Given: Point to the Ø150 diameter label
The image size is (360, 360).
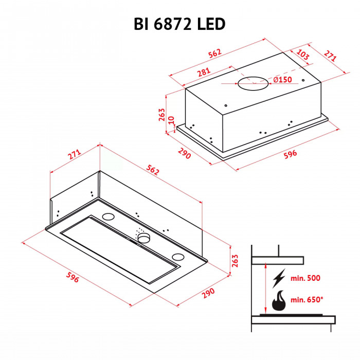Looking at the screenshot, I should (282, 80).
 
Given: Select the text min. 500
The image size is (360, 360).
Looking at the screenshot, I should (305, 278).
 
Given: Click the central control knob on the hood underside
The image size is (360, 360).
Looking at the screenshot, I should (143, 237).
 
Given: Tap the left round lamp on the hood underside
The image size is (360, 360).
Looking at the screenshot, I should (109, 217).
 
